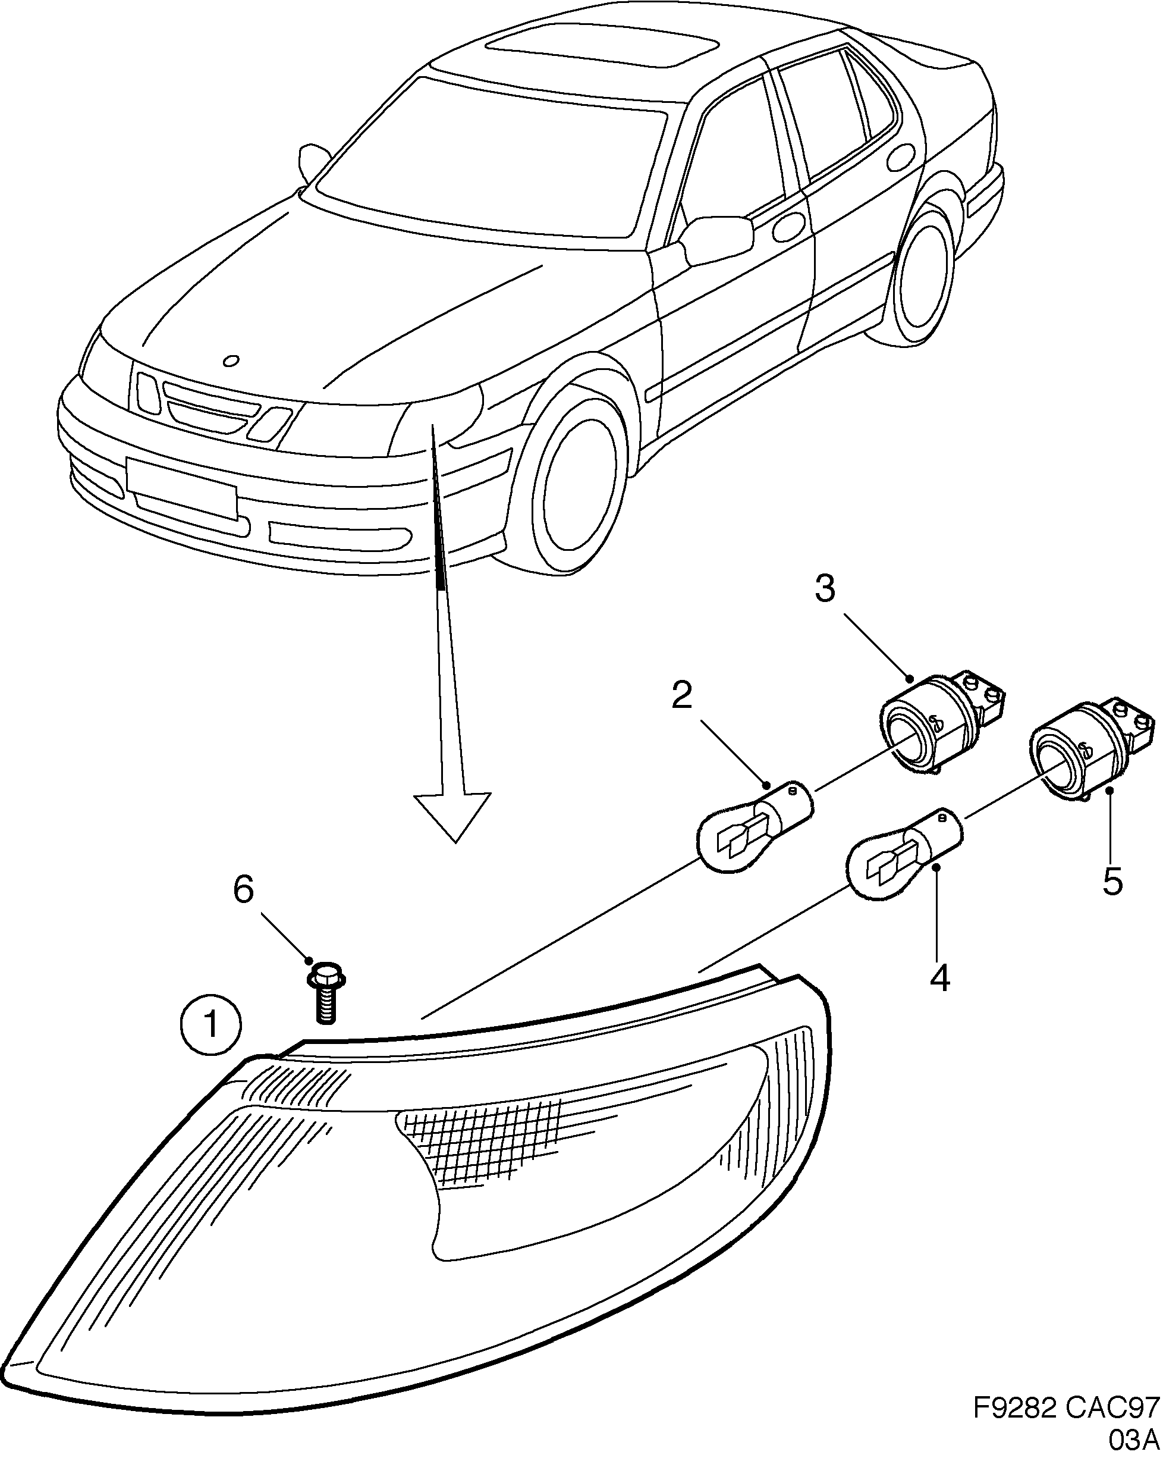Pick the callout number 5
[1112, 882]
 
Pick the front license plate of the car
[181, 487]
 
